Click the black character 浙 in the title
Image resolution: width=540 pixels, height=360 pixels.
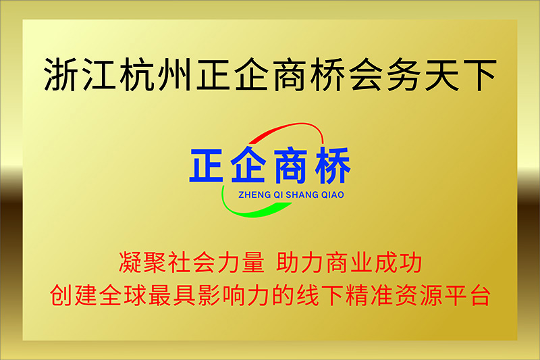coord(61,74)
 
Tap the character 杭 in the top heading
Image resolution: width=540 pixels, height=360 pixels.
coord(136,74)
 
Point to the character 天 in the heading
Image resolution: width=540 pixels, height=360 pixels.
coord(442,74)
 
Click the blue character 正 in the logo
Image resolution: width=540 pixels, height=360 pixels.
coord(207,165)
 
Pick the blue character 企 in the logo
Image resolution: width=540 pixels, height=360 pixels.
coord(248,165)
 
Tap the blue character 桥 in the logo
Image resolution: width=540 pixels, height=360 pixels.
coord(332,165)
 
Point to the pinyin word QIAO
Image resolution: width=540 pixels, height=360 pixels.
coord(333,195)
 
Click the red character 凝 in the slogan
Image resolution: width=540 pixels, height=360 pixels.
coord(130,262)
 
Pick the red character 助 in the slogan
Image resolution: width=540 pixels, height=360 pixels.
coord(288,262)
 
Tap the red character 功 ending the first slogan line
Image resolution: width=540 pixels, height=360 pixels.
coord(410,262)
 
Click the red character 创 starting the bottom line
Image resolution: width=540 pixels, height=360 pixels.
coord(61,295)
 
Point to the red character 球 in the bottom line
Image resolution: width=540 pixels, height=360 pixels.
coord(135,295)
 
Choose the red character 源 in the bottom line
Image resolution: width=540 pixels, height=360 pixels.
coord(431,295)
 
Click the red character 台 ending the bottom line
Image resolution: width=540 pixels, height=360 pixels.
coord(480,295)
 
